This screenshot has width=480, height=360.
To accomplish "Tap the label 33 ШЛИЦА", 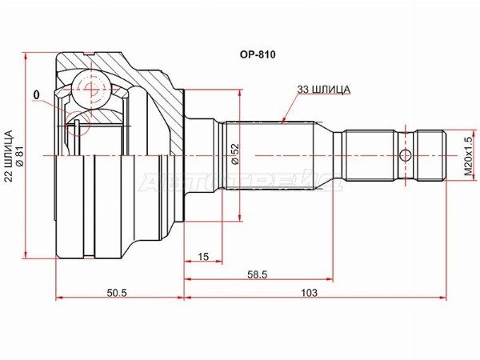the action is [323, 90].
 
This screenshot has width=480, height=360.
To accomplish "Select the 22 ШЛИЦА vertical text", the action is [9, 156].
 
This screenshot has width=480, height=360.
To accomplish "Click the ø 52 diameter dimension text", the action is [234, 154].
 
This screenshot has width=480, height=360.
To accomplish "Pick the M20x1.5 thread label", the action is [468, 156].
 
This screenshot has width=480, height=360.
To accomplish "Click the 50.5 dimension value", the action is [117, 293].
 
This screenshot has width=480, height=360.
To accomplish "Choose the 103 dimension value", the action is [310, 293].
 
